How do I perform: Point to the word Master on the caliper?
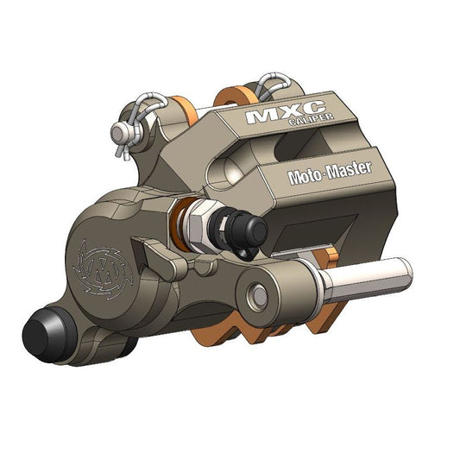pos(349,169)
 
